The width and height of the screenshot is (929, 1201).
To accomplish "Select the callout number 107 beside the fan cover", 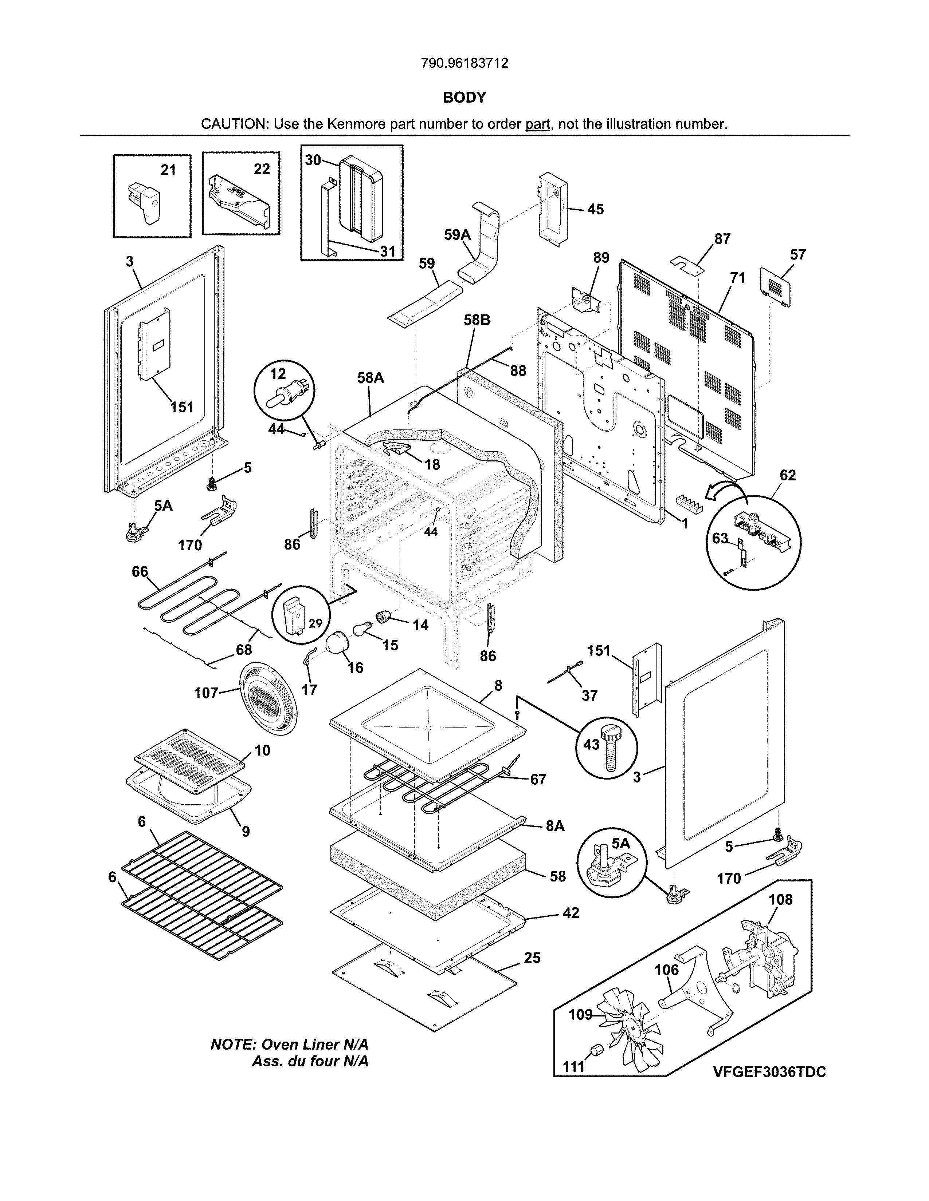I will [x=206, y=693].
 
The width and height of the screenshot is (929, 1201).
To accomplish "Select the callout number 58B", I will [x=477, y=320].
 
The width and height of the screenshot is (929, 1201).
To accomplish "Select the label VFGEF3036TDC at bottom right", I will [x=769, y=1072].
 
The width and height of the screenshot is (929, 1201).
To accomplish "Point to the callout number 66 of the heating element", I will [x=140, y=571].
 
